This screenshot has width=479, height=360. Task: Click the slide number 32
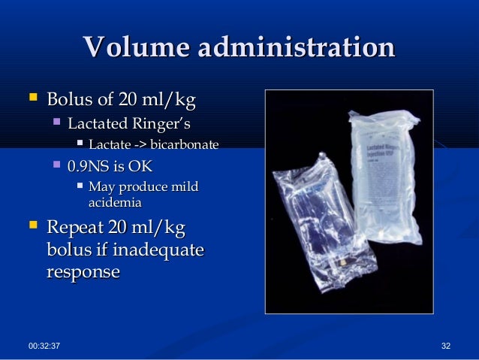[447, 344]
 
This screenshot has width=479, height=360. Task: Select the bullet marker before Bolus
[32, 98]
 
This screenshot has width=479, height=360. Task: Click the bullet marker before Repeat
[32, 226]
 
